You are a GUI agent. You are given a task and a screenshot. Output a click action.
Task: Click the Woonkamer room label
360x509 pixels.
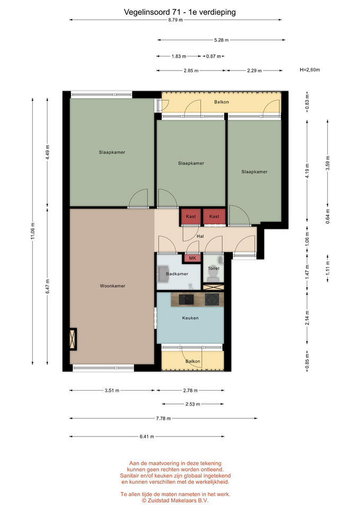tap(112, 286)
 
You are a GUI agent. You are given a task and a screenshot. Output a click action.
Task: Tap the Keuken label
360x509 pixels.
tap(190, 318)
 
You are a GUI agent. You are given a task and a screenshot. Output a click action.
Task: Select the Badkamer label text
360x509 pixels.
tap(177, 274)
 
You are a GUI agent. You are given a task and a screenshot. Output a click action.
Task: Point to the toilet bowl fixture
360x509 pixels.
tap(213, 276)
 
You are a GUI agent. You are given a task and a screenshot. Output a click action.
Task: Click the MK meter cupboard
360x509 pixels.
tap(192, 258)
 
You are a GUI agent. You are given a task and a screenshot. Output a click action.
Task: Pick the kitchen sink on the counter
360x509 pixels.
tap(187, 300)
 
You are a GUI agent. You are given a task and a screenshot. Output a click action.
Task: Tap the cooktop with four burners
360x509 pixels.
tap(212, 299)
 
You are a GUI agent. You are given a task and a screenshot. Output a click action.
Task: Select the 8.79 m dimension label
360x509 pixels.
tap(175, 20)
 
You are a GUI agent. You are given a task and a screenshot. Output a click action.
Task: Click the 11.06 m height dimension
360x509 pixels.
tap(33, 232)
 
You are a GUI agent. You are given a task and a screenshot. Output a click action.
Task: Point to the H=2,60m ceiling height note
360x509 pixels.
tap(310, 70)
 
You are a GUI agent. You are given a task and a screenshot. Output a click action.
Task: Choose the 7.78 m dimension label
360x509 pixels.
tap(163, 418)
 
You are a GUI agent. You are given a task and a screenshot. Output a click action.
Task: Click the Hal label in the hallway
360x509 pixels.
tap(200, 236)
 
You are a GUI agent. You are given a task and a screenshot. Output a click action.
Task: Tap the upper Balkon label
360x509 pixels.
tap(222, 102)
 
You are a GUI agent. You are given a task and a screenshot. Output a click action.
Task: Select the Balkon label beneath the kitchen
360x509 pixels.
tap(193, 361)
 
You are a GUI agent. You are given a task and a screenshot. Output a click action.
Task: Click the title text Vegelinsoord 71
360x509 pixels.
tap(152, 12)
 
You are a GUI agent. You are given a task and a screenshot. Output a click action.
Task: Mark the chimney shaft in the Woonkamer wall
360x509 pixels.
tap(73, 339)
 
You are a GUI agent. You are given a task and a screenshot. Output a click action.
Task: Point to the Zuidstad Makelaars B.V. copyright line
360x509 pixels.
tap(175, 501)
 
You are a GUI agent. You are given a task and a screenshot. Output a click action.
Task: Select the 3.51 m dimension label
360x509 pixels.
tap(112, 391)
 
